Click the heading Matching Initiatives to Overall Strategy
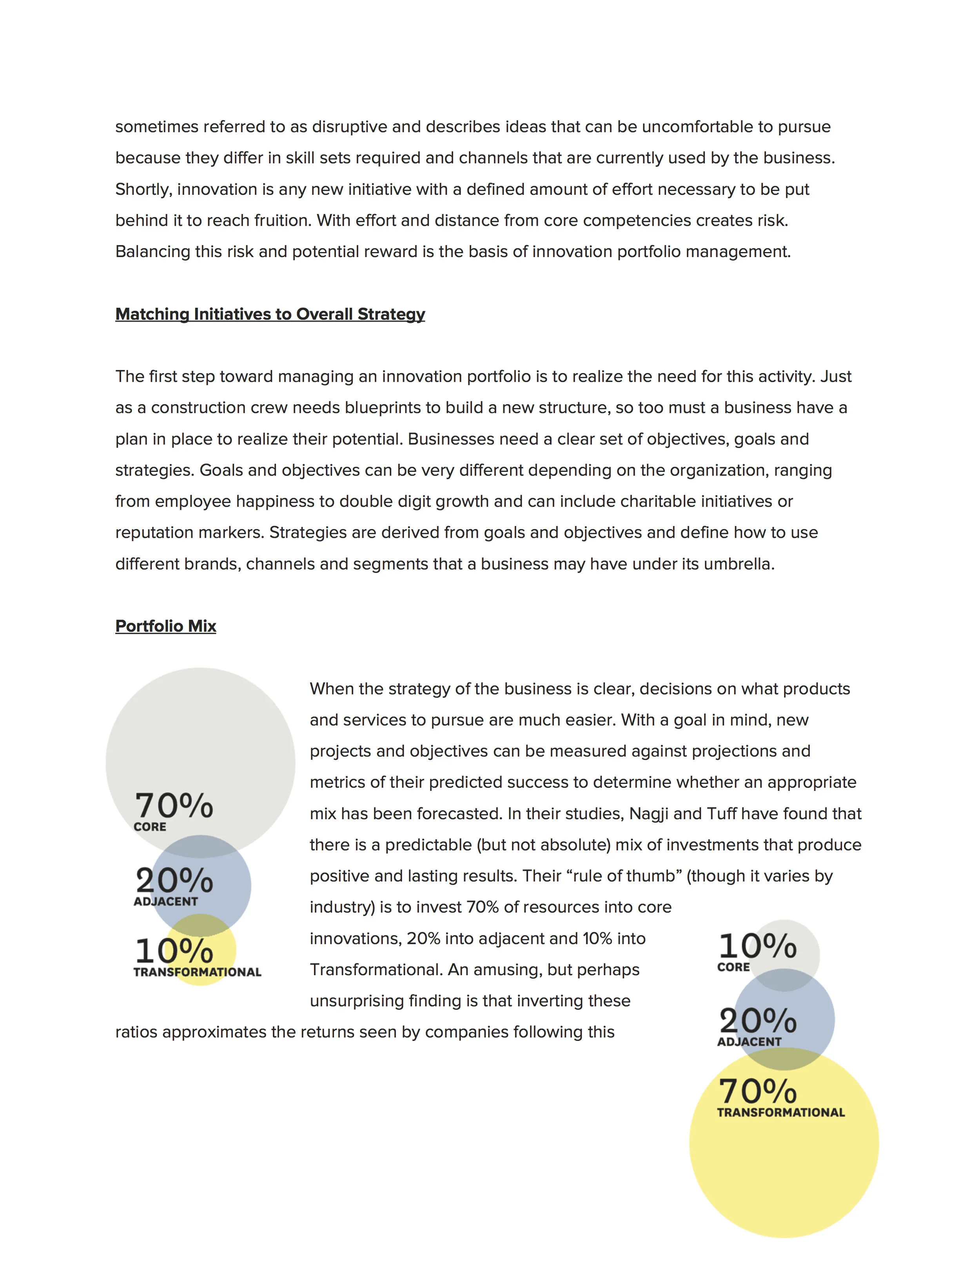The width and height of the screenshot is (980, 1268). (x=270, y=314)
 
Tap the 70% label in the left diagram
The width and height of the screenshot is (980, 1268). (x=174, y=806)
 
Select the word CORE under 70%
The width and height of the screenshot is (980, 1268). (x=150, y=827)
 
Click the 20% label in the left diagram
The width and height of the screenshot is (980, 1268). (x=174, y=880)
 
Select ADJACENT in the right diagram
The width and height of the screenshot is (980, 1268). (x=749, y=1041)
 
